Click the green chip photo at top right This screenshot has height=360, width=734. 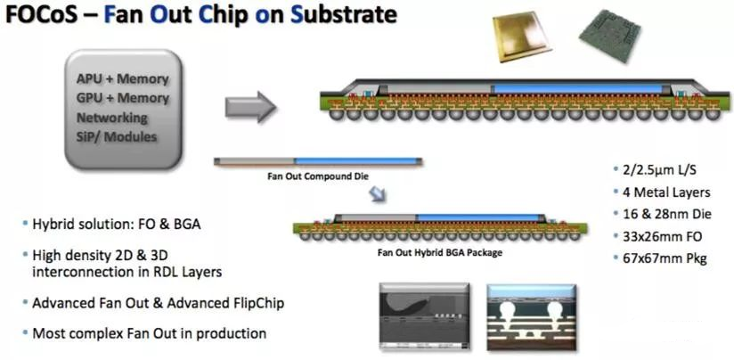coord(608,40)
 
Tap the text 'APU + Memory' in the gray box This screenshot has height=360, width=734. coord(123,78)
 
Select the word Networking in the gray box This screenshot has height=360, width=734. coord(112,117)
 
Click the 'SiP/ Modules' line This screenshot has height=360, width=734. coord(117,136)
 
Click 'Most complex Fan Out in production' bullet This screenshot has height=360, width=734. coord(149,333)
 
